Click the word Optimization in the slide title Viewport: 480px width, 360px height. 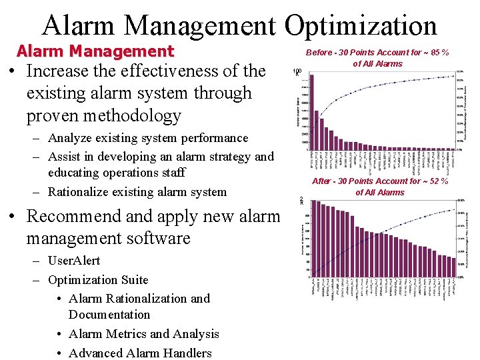click(x=361, y=25)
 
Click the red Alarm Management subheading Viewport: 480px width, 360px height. click(x=95, y=51)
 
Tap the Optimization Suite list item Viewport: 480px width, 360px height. click(x=98, y=280)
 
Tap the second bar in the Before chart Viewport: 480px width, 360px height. click(x=317, y=127)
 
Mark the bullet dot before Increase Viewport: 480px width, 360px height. click(x=11, y=71)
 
